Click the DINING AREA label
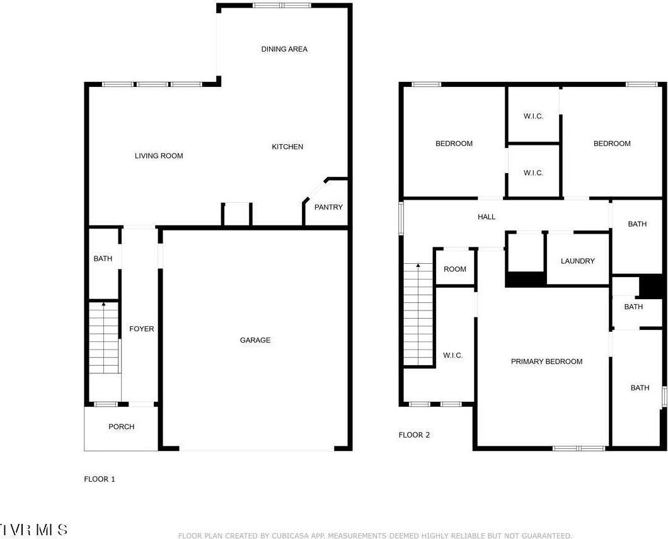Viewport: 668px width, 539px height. tap(284, 49)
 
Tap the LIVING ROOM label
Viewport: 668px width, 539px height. tap(159, 156)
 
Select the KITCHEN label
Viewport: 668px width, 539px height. tap(287, 147)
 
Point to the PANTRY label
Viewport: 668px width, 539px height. tap(328, 207)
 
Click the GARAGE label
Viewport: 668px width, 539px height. tap(255, 340)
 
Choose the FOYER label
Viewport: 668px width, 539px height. tap(142, 329)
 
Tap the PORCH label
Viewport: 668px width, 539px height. tap(122, 427)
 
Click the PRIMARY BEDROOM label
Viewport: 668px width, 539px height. tap(546, 361)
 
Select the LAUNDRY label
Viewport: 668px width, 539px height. tap(577, 261)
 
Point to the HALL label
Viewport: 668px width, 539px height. tap(487, 217)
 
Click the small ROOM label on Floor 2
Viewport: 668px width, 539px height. tap(455, 269)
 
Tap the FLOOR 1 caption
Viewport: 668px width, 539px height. tap(100, 479)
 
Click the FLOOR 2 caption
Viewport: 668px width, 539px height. tap(414, 435)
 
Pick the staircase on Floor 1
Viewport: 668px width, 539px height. tap(103, 338)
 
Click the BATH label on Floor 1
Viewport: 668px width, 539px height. tap(103, 259)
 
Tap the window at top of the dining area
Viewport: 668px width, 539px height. tap(282, 6)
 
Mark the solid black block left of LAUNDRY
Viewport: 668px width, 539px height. tap(526, 278)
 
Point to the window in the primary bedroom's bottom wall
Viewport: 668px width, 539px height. tap(579, 448)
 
